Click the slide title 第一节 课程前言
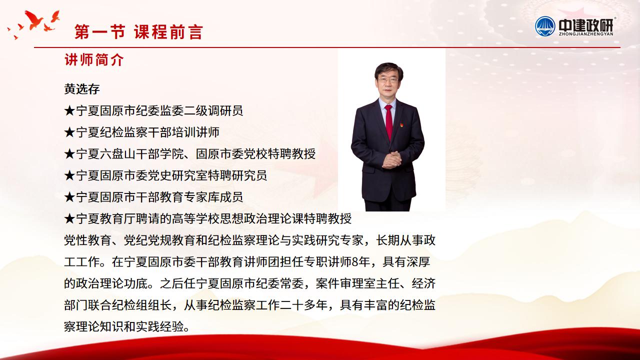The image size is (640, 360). pos(138,31)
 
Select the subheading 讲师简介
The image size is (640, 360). pos(94,60)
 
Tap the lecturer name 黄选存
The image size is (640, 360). pos(82,89)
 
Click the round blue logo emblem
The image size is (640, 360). pos(545,26)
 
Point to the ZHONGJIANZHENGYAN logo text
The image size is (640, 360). pos(586,34)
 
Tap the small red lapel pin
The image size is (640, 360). pos(401,125)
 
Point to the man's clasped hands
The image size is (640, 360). pos(391,159)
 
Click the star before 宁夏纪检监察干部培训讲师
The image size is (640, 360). pos(69,132)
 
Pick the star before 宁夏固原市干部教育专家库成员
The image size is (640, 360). pos(69,197)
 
